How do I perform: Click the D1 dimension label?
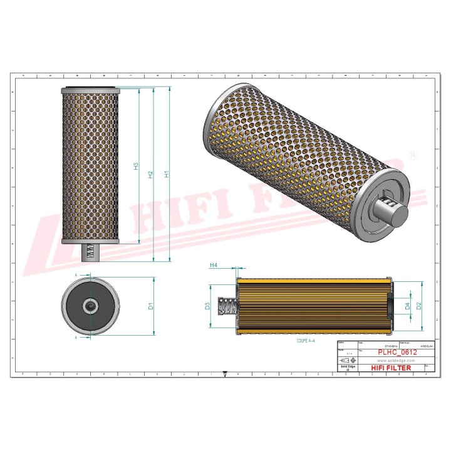point(151,306)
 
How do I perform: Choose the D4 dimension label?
point(407,306)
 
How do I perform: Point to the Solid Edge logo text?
point(346,368)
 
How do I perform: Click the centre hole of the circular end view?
point(91,306)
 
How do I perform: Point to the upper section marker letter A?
point(76,275)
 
